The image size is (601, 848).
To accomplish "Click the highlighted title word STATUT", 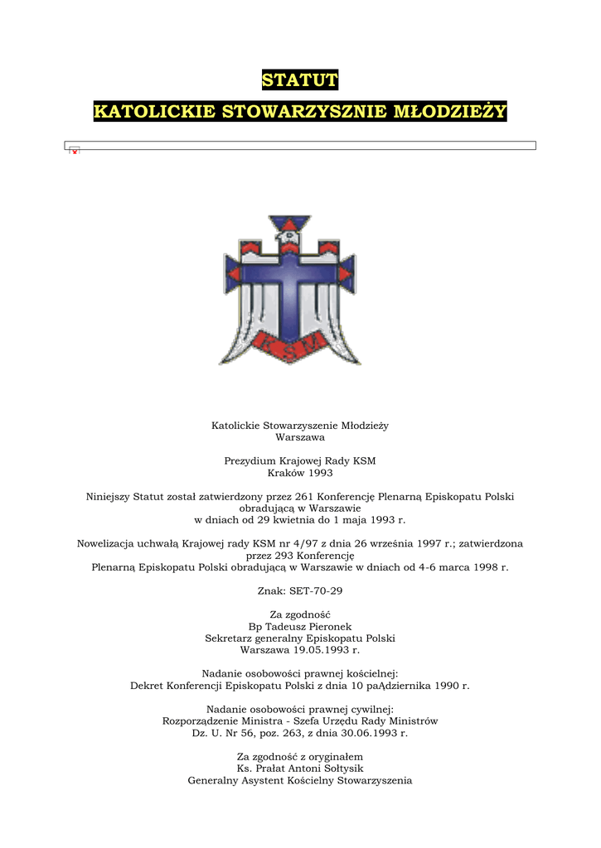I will (300, 80).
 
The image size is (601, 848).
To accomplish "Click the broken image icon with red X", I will (74, 151).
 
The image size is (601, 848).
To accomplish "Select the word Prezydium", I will (249, 460).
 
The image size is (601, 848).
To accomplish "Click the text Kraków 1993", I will (300, 473).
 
